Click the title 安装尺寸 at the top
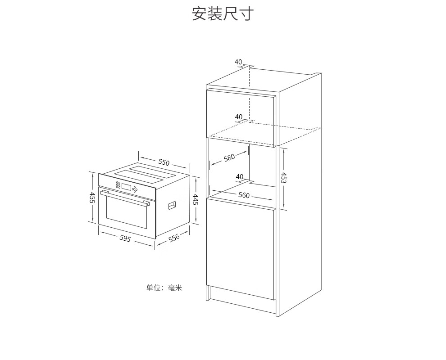(223, 13)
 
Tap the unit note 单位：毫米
(164, 288)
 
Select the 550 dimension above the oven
(164, 162)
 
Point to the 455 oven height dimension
(92, 197)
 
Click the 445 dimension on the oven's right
(196, 199)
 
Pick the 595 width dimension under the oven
(125, 238)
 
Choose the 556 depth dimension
(174, 238)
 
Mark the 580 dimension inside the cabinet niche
(229, 158)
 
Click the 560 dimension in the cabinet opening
(244, 195)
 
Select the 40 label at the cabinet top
(238, 62)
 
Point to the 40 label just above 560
(240, 177)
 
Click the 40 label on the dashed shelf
(239, 117)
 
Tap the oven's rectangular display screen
(126, 187)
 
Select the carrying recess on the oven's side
(172, 205)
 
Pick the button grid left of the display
(118, 184)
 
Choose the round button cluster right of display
(135, 190)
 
